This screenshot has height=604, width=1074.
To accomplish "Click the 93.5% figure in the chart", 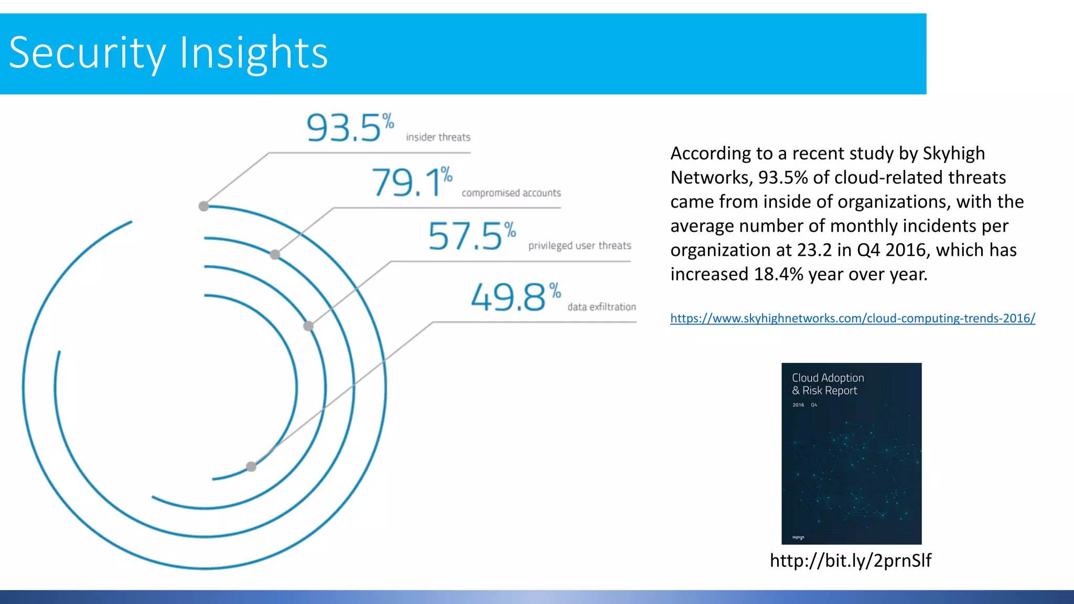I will pos(349,127).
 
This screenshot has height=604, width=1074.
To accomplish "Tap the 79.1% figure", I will pos(412,182).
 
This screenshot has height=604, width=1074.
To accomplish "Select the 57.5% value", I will pos(471,235).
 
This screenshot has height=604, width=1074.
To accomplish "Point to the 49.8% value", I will pos(515,297).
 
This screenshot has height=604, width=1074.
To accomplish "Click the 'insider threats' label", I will pos(438,137).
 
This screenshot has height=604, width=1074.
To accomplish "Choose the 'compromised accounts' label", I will pos(511,193).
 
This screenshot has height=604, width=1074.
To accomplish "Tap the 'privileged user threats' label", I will pos(579,245).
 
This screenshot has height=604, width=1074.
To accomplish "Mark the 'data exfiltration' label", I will pos(602,307).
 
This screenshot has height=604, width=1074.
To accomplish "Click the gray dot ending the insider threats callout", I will pos(204,206).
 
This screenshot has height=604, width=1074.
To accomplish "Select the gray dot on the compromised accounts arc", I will pos(275,255).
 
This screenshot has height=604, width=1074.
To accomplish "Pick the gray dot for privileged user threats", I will pos(308,326).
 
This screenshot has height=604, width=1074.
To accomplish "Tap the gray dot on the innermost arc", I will pos(251,466).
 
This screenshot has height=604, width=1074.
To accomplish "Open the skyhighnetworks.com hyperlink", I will pos(852,318).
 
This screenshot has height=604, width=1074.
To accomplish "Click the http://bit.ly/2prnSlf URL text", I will pos(850,560).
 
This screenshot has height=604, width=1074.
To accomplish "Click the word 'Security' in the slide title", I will pos(87,52).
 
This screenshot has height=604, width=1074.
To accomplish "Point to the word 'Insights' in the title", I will pos(254,52).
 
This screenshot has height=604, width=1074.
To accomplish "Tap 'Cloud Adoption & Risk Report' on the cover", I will pos(828,384).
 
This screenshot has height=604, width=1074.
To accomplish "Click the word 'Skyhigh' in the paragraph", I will pos(953,153).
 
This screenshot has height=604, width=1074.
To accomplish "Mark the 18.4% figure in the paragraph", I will pos(778,274).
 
